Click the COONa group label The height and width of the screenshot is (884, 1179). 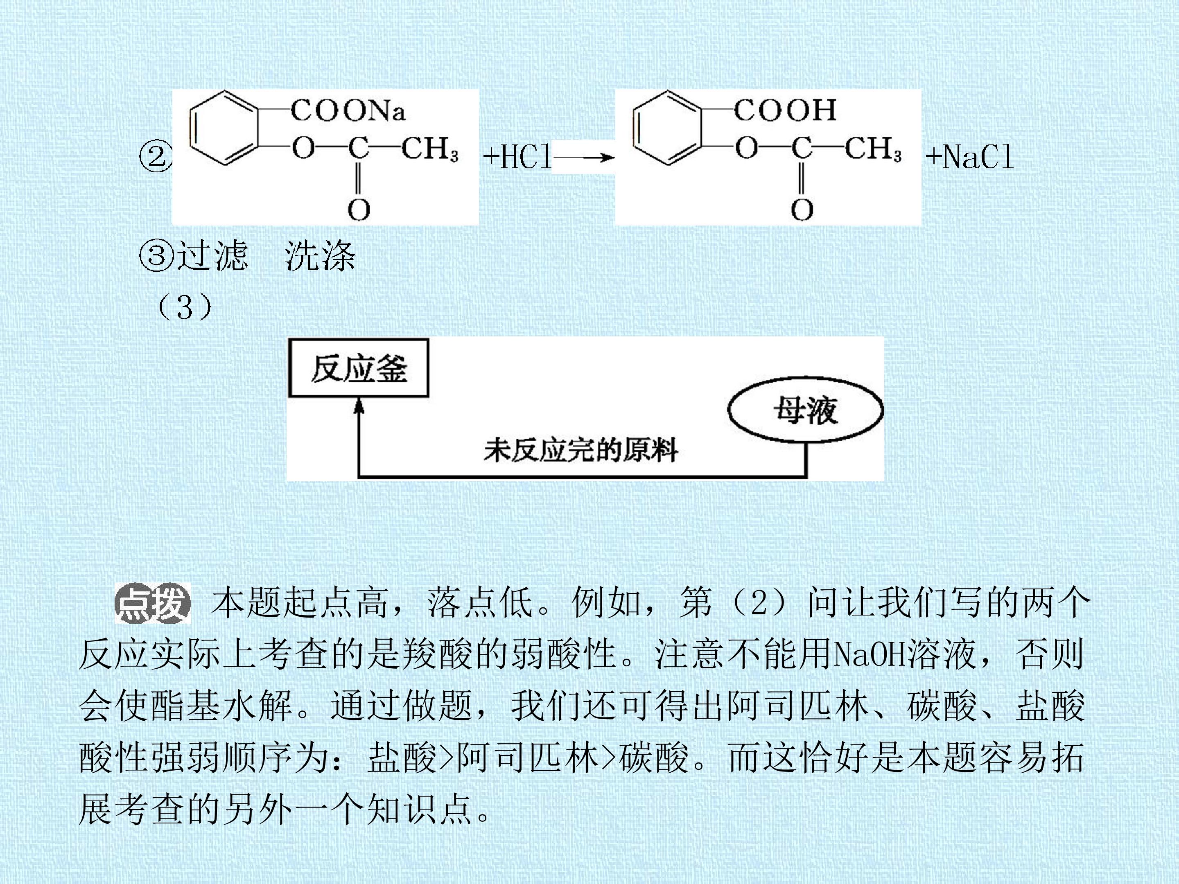coord(348,110)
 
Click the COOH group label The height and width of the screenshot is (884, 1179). coord(785,110)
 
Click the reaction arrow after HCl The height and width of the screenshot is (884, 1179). coord(584,157)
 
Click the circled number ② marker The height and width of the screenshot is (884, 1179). coord(156,157)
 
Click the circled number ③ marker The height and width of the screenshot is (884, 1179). coord(156,255)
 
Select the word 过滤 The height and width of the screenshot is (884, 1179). coord(212,255)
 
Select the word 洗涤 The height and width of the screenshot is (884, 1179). coord(320,255)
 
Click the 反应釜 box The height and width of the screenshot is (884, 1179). coord(359,368)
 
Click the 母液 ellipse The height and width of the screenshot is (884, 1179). coord(805,410)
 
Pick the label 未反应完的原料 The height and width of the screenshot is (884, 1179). coord(581,450)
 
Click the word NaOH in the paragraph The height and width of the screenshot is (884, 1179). coord(870,654)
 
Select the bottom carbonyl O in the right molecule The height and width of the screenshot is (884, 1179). coord(802,210)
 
